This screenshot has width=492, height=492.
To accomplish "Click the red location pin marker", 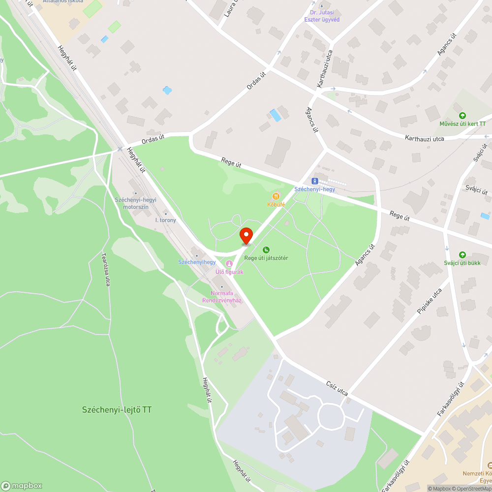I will pos(246,235).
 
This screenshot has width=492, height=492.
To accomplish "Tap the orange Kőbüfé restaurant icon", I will pos(276,196).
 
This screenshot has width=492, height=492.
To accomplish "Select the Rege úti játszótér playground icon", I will pos(266,250).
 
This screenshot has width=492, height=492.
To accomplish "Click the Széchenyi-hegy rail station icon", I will pos(314,181).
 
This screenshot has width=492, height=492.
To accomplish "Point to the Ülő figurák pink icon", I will pos(228,264).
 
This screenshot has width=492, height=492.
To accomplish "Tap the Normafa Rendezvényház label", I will pos(222,297).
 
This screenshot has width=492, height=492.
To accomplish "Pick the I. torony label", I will pos(165,220).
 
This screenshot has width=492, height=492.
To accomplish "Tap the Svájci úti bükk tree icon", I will pos(462,254).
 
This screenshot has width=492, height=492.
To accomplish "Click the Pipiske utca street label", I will pos(429,301).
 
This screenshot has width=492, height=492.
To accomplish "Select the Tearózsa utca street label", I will pos(105,269).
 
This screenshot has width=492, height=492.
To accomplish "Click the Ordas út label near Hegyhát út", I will pos(153,140).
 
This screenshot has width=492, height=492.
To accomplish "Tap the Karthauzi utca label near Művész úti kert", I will pos(425,138).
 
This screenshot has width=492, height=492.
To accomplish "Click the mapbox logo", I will pos(22,485).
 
